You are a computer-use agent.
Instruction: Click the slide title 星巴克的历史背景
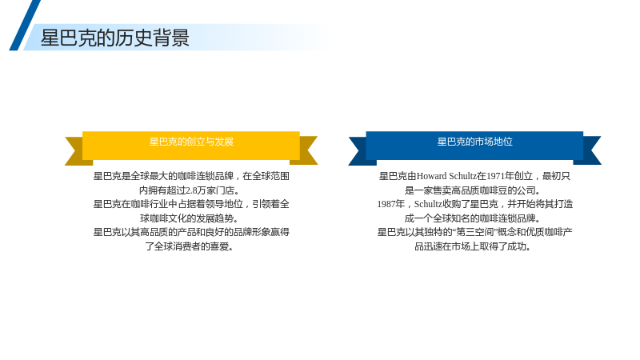(114, 38)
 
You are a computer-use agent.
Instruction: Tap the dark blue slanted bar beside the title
(25, 26)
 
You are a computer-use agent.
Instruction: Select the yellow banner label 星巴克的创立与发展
(191, 142)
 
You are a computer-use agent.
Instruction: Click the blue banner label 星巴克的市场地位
(474, 142)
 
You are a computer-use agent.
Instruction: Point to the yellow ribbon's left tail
(76, 151)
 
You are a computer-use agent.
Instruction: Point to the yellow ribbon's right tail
(306, 150)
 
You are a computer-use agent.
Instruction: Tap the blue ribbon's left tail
(360, 151)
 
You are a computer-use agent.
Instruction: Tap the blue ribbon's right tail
(590, 150)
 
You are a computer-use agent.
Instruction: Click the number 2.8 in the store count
(191, 190)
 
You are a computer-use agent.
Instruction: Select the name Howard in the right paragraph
(432, 176)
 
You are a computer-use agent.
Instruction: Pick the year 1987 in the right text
(386, 204)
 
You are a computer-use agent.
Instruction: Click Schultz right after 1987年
(429, 204)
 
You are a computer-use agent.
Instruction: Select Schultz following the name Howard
(463, 176)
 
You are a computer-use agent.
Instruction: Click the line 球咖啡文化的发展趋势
(190, 218)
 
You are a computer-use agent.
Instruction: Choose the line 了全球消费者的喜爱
(190, 246)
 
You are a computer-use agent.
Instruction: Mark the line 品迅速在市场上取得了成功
(473, 246)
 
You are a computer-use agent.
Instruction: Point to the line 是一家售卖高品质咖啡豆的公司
(473, 190)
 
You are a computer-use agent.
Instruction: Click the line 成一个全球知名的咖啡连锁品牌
(473, 218)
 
